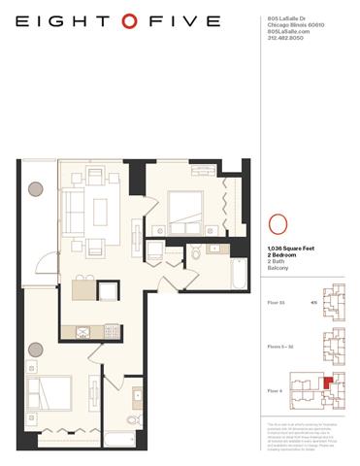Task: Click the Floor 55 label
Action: [275, 302]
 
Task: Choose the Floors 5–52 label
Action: [279, 347]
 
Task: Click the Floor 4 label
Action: [274, 390]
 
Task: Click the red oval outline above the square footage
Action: [276, 223]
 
